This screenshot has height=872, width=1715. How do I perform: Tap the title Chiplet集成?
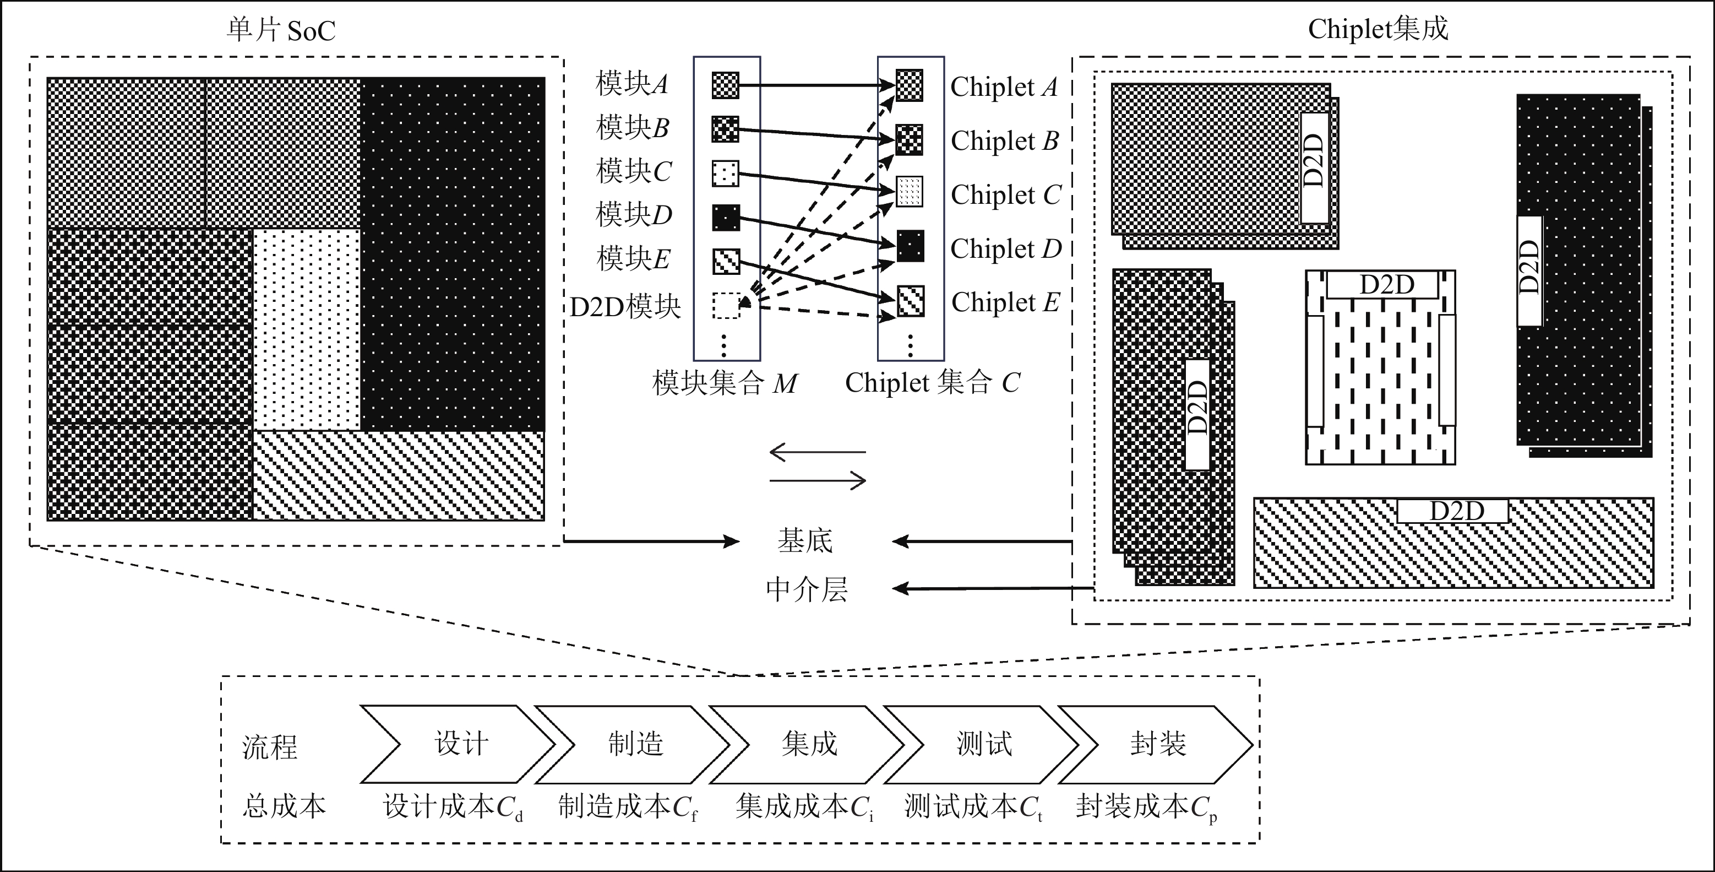pos(1378,29)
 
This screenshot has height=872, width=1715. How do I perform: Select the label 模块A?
pos(631,84)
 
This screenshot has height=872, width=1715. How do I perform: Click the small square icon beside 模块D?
pos(726,218)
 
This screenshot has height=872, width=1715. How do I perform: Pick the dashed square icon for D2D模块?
pos(726,305)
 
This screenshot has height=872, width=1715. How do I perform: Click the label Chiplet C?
pos(1005,194)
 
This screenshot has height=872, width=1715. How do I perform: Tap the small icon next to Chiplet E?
pos(910,301)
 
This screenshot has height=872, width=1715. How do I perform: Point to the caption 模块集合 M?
pos(725,383)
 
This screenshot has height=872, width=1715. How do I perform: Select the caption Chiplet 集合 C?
pos(932,383)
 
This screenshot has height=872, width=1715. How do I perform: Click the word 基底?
pos(805,541)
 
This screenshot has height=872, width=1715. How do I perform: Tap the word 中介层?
pos(806,589)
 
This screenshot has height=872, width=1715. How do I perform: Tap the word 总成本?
pos(284,806)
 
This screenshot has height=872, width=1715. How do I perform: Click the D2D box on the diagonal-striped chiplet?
pos(1452,511)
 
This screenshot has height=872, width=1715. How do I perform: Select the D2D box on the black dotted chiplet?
pos(1529,271)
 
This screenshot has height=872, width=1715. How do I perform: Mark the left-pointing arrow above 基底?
pos(818,452)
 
